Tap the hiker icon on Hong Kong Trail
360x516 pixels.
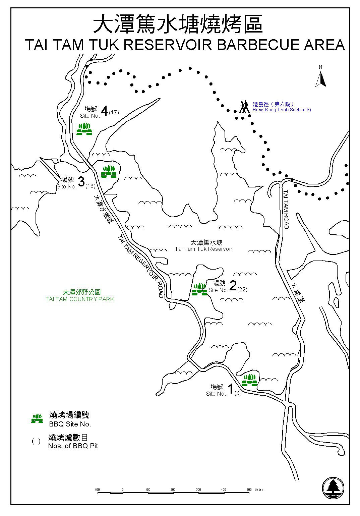pyautogui.click(x=244, y=107)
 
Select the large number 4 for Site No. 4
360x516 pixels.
pyautogui.click(x=105, y=111)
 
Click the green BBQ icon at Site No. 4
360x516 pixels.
pyautogui.click(x=84, y=129)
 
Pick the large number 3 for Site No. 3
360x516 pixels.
pyautogui.click(x=81, y=182)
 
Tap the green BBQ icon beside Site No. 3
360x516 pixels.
pyautogui.click(x=109, y=172)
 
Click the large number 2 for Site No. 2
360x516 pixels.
pyautogui.click(x=233, y=285)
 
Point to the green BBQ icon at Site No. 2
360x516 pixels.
pyautogui.click(x=199, y=289)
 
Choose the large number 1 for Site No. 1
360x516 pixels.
pyautogui.click(x=230, y=389)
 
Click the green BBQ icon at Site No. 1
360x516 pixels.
pyautogui.click(x=249, y=380)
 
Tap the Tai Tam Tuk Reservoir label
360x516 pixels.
pyautogui.click(x=203, y=249)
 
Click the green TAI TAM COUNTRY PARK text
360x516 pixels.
pyautogui.click(x=80, y=299)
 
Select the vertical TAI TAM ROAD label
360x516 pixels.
pyautogui.click(x=286, y=210)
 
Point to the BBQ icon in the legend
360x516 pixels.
pyautogui.click(x=37, y=419)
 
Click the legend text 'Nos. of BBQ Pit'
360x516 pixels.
pyautogui.click(x=73, y=446)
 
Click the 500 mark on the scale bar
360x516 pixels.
pyautogui.click(x=248, y=490)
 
